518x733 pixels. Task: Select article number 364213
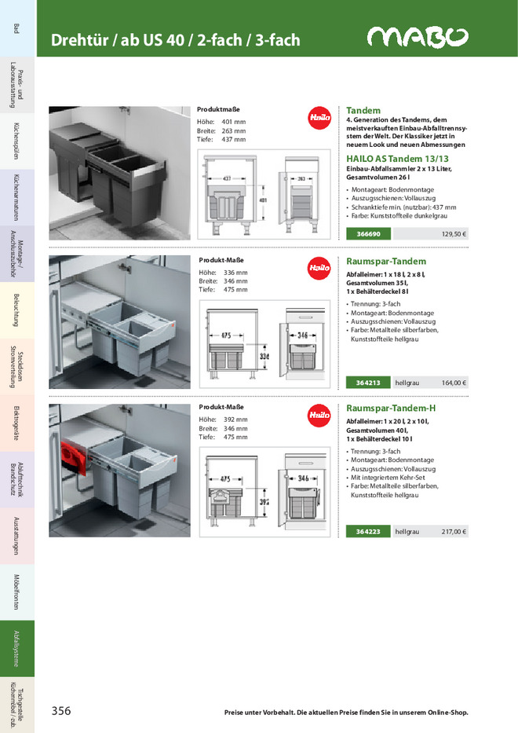click(x=368, y=383)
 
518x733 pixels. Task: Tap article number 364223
click(x=368, y=532)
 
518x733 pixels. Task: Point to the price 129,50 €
click(x=454, y=234)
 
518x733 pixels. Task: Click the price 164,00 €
click(x=454, y=383)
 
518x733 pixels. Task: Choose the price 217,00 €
click(x=454, y=532)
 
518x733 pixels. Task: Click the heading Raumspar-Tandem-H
click(x=391, y=409)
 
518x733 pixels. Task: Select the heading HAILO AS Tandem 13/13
click(x=386, y=158)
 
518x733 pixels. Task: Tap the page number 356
click(x=61, y=711)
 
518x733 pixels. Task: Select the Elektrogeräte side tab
click(x=16, y=423)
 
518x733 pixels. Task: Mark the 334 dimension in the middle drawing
click(x=264, y=356)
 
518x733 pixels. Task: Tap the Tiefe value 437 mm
click(x=233, y=140)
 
